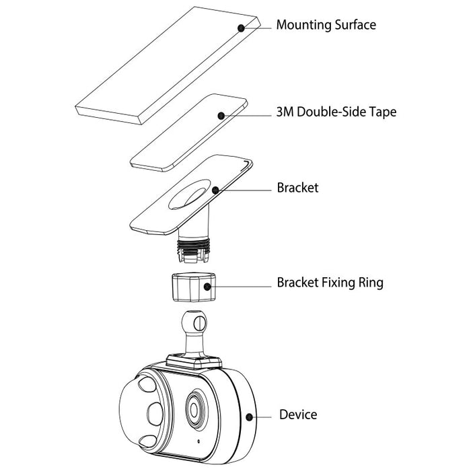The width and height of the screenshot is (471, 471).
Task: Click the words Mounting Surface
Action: (x=326, y=26)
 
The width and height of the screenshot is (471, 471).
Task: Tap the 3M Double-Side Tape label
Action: (x=336, y=112)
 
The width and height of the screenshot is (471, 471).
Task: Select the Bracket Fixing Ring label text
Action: (x=330, y=283)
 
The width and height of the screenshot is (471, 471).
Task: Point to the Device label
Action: (x=298, y=415)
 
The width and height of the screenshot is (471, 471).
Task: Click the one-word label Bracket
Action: (x=297, y=188)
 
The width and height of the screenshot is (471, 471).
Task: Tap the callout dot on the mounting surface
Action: (x=241, y=28)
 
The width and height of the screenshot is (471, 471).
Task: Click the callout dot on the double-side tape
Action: (x=221, y=115)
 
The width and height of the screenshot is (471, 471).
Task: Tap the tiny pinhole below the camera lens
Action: (x=199, y=441)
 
